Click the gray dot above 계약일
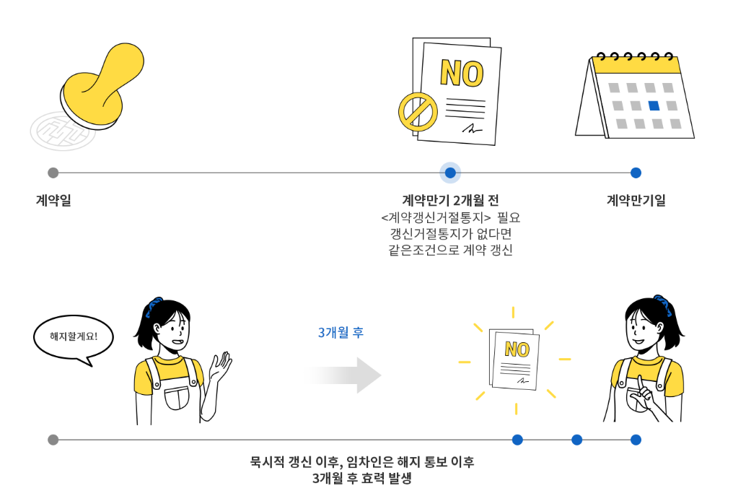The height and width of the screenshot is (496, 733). click(x=53, y=173)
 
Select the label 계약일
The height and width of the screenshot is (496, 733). click(x=53, y=201)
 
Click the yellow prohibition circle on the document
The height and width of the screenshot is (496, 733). click(x=418, y=112)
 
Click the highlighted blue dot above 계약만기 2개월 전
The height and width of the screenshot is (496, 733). click(x=450, y=173)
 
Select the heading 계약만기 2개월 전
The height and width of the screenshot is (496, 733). click(x=450, y=201)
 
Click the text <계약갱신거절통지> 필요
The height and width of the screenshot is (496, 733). click(x=450, y=217)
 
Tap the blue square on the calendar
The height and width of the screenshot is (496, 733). click(x=654, y=105)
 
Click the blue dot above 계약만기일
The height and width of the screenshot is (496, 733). click(x=636, y=173)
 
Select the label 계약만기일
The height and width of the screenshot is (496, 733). click(x=636, y=201)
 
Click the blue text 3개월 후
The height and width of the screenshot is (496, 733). click(x=341, y=333)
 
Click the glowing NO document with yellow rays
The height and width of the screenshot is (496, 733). click(x=515, y=359)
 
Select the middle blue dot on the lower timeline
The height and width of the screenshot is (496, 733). click(x=576, y=440)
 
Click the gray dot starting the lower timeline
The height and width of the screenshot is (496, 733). click(x=53, y=440)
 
